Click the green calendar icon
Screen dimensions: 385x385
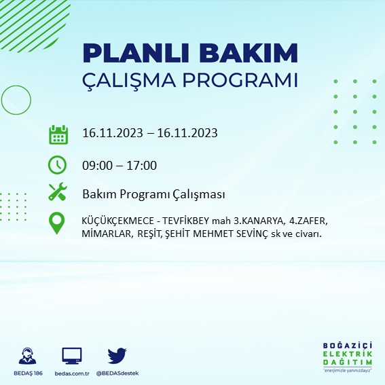[58, 134]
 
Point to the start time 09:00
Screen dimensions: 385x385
[96, 165]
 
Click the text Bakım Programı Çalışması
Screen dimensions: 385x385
[153, 195]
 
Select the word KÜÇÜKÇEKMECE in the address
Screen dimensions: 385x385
[117, 221]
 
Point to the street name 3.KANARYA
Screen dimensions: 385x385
[255, 221]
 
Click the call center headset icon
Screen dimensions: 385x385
[28, 356]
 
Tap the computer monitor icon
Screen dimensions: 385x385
[71, 356]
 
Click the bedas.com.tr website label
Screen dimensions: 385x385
[71, 373]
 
